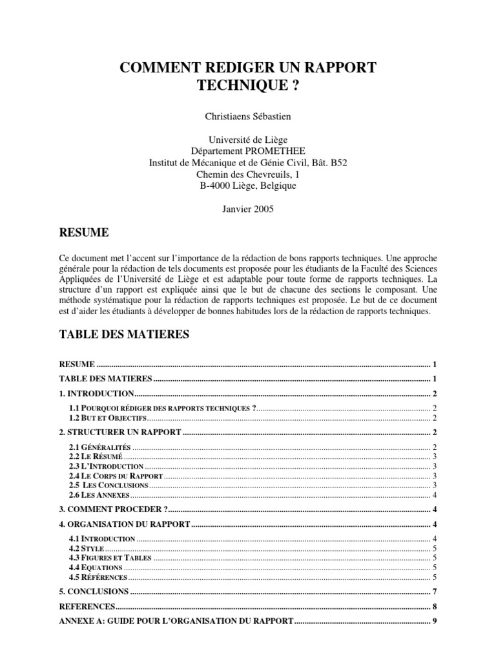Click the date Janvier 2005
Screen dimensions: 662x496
(248, 209)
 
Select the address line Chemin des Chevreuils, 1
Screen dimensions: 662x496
(248, 175)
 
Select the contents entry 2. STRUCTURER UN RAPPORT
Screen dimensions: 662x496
(120, 432)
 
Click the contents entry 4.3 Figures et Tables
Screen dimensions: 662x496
(110, 557)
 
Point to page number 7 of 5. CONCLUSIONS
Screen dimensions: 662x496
(436, 592)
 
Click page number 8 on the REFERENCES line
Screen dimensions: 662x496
(436, 606)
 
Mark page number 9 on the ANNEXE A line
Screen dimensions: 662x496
(436, 621)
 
